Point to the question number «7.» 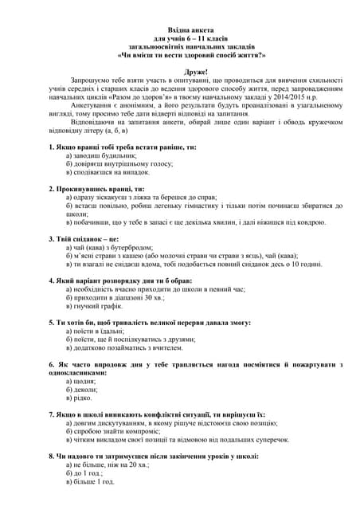tap(52, 414)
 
